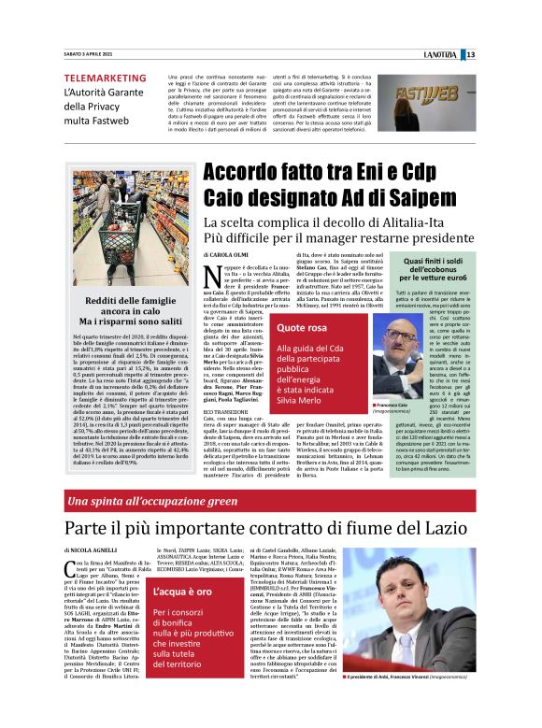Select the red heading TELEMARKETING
click(105, 78)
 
